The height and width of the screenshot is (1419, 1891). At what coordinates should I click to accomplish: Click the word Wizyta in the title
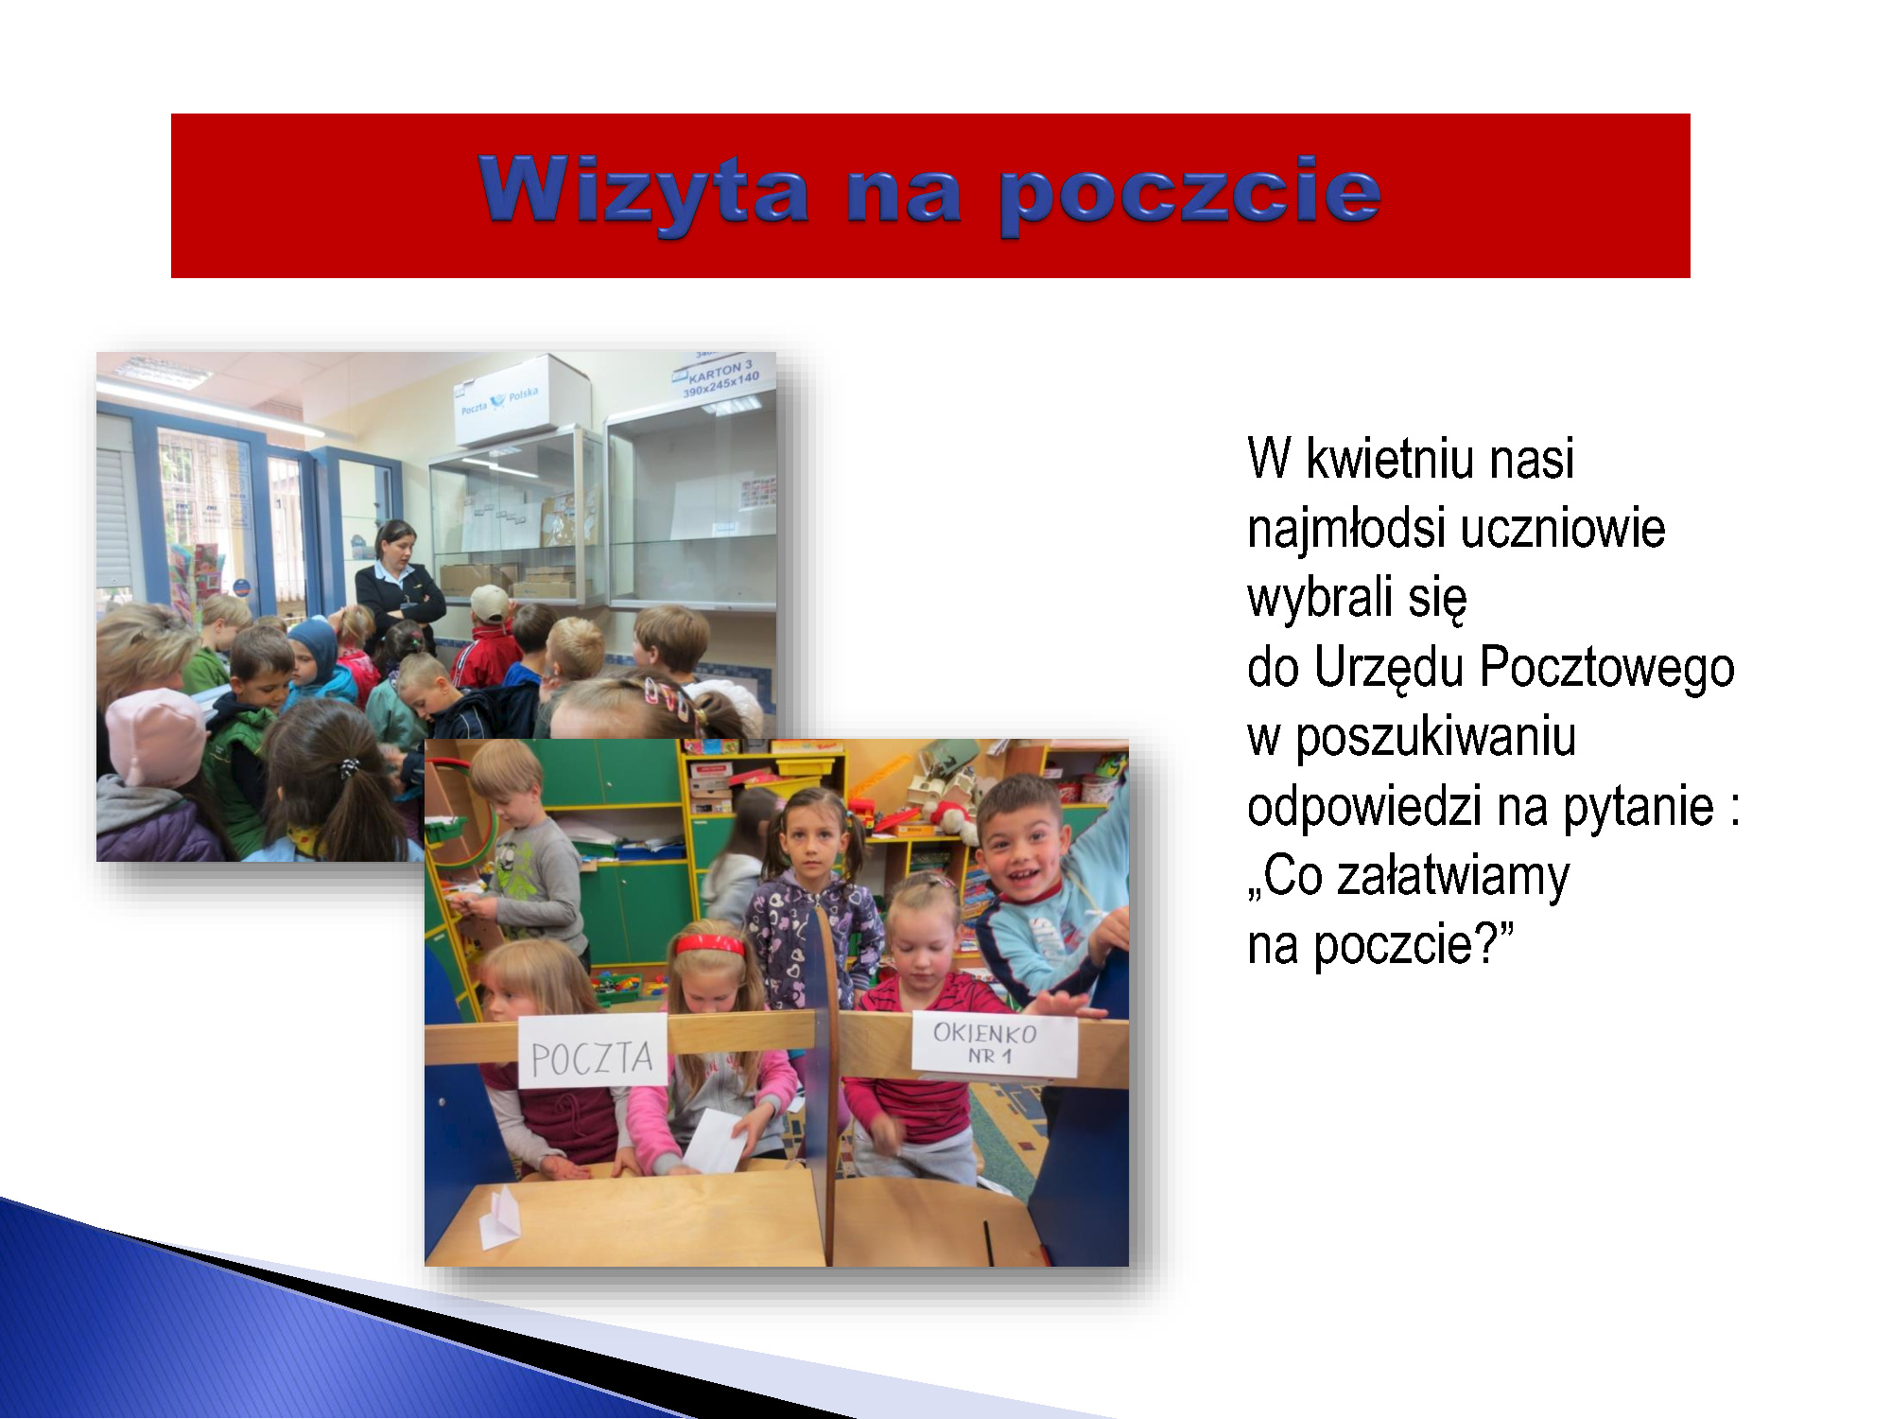[x=644, y=192]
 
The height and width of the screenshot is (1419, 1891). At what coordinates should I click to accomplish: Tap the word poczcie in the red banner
[x=1189, y=195]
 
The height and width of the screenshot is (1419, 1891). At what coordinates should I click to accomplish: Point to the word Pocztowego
[x=1607, y=669]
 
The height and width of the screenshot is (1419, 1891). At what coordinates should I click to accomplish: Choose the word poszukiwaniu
[x=1435, y=739]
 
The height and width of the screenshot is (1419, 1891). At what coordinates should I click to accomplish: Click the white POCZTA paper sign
[x=593, y=1051]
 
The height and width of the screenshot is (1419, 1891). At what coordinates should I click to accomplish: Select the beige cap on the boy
[x=490, y=604]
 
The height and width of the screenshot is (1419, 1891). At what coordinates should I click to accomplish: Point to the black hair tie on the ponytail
[x=350, y=766]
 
